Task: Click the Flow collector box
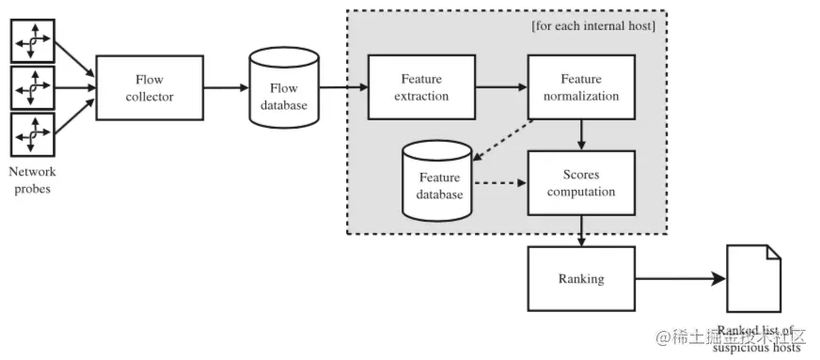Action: coord(150,87)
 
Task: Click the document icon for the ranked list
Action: coord(754,279)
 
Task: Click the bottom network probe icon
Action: coord(31,136)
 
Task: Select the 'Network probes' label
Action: coord(32,180)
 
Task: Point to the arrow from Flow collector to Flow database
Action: coord(226,87)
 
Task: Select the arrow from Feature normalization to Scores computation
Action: coord(582,134)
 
